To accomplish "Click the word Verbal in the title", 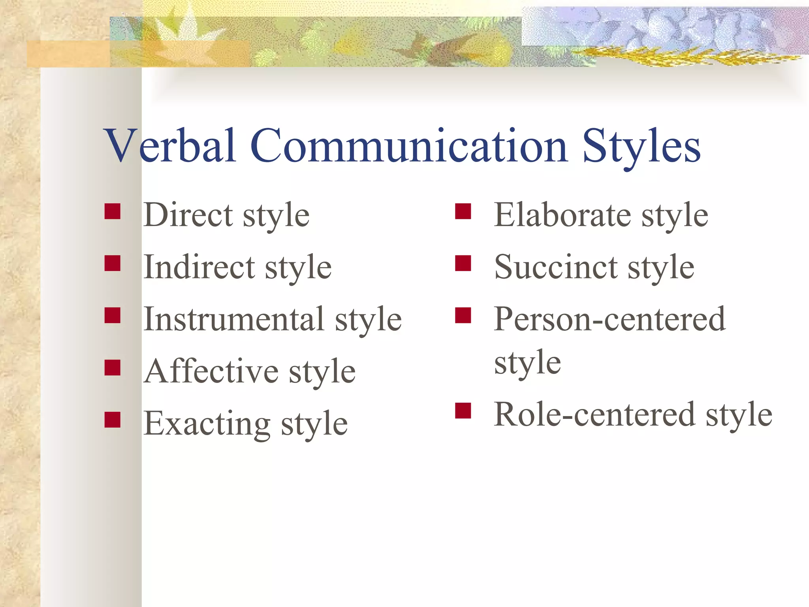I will pos(170,145).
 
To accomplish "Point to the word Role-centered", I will pos(594,415).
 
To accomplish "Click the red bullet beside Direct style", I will pos(113,211).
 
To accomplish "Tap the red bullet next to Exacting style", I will pos(113,420).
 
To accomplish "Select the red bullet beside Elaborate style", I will pos(463,211).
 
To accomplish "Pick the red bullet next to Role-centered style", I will pos(463,411).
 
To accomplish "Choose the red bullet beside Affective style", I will pos(113,368).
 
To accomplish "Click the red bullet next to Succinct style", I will pos(463,263).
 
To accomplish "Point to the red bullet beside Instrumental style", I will pos(113,315).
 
